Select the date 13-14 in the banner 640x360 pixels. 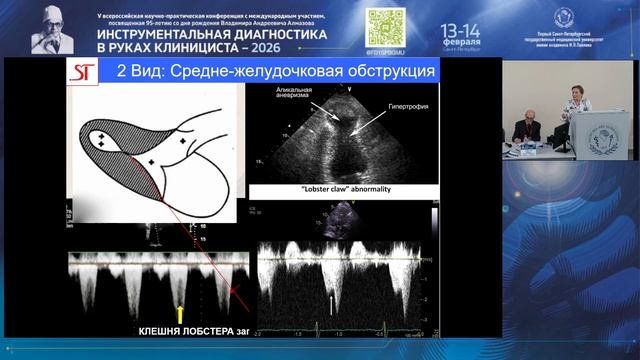tap(467, 26)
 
